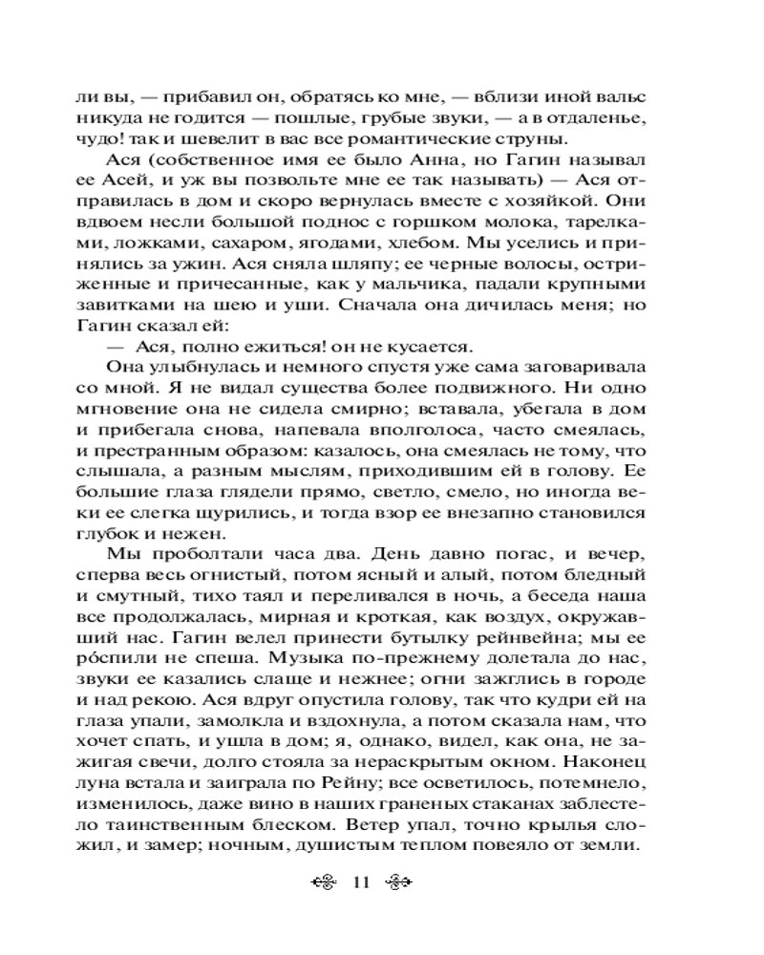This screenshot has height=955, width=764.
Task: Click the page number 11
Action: click(360, 881)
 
